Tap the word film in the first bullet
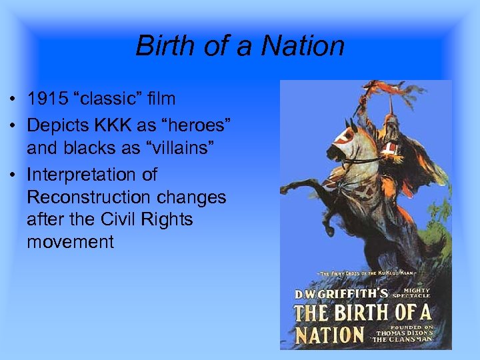click(x=163, y=99)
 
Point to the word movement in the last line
click(x=71, y=241)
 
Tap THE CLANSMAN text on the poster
click(x=412, y=339)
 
